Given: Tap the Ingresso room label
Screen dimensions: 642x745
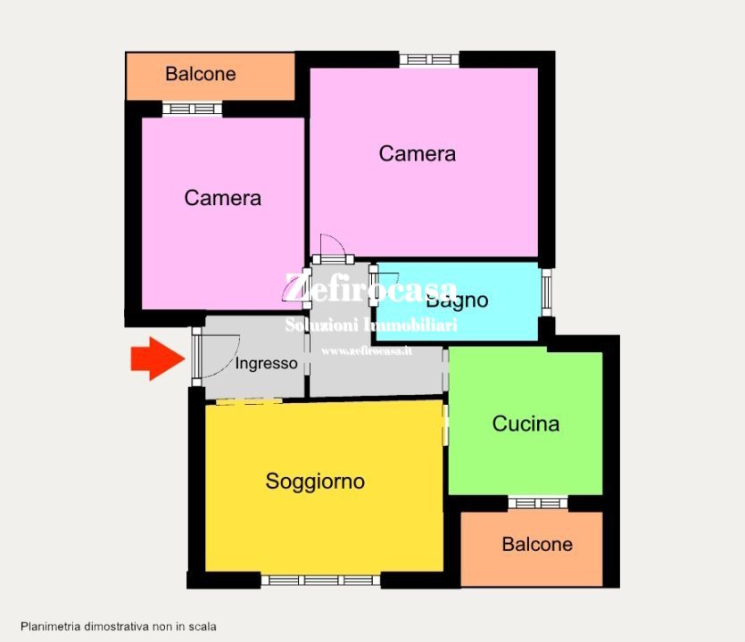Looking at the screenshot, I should pos(266,364).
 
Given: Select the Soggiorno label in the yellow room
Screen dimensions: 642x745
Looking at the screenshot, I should pos(315,481).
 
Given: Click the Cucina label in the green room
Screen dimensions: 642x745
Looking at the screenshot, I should pos(526,424).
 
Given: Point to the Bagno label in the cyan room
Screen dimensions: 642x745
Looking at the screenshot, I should pos(463,300).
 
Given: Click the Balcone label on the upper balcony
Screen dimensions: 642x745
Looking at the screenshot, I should pos(201,74).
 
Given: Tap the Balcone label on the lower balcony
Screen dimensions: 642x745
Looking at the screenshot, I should pos(537,544).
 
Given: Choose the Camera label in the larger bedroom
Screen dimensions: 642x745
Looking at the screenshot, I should pos(417,153).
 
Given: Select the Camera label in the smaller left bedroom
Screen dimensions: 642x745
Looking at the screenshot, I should pos(222,198).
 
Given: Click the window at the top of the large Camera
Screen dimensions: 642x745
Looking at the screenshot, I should pos(429,60).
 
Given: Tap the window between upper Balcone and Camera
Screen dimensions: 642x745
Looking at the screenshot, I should pos(192,109).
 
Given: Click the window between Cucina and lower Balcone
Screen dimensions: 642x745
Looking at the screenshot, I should pos(538,503).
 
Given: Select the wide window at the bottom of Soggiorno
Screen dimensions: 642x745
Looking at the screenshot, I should pos(322,580).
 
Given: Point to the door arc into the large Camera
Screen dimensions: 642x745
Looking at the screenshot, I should pos(332,245).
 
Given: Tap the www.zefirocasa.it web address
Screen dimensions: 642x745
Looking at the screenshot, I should pos(367,350).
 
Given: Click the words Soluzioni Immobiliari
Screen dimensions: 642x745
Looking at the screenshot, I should pos(370,325).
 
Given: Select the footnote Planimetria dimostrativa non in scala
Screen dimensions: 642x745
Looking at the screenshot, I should pos(119,627).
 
